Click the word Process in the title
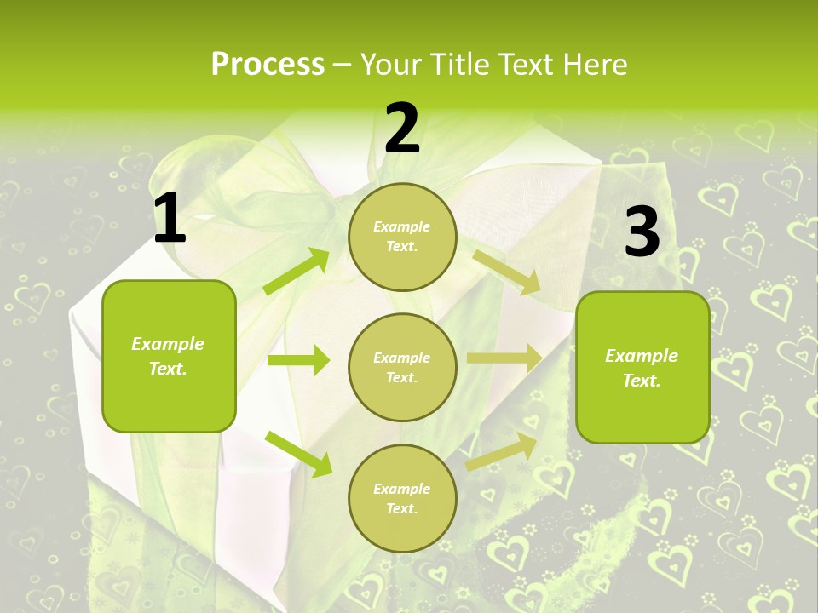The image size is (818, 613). tap(268, 64)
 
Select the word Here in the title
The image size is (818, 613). tap(593, 64)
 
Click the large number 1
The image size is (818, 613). tap(170, 219)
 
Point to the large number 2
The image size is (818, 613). tap(402, 129)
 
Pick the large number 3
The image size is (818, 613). tap(642, 232)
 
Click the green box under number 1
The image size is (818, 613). tap(169, 355)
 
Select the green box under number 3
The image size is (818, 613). tap(642, 367)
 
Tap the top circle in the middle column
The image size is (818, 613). tap(402, 237)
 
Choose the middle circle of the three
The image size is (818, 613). tap(402, 367)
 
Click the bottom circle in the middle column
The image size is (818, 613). tap(402, 498)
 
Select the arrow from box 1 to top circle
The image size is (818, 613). tap(297, 272)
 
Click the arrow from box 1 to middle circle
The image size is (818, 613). tap(298, 360)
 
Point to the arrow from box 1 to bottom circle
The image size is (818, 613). tap(298, 453)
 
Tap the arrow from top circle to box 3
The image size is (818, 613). tap(506, 272)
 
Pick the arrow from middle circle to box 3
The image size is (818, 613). tap(504, 358)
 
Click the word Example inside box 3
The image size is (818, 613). tap(642, 356)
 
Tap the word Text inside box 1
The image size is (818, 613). tap(167, 369)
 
